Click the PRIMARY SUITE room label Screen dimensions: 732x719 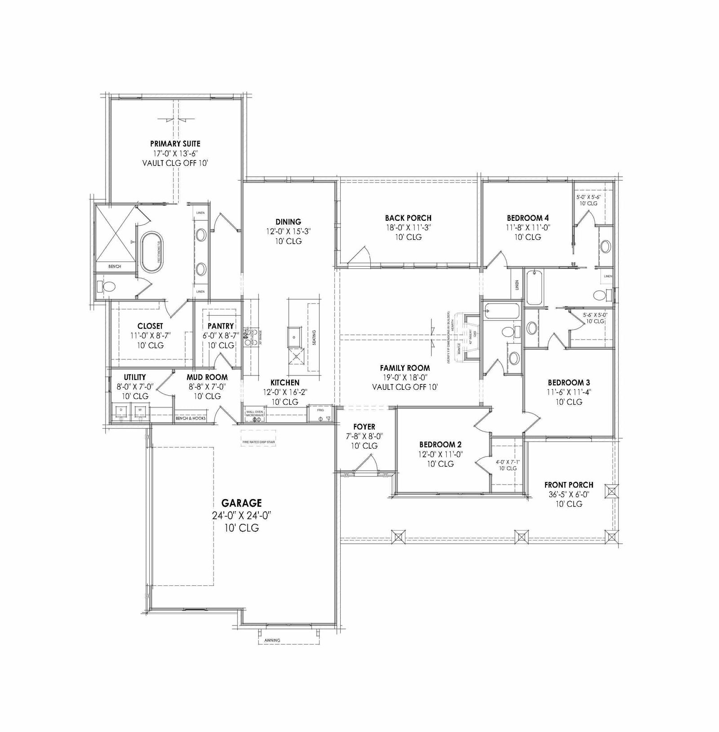[x=175, y=144]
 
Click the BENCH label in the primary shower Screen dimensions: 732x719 [x=115, y=266]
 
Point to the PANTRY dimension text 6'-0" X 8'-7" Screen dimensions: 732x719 [x=221, y=335]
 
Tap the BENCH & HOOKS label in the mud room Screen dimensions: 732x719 [x=191, y=418]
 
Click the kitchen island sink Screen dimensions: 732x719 [x=295, y=335]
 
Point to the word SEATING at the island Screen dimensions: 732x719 [x=314, y=338]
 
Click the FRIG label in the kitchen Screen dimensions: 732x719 [x=320, y=410]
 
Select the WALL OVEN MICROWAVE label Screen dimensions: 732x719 [x=254, y=413]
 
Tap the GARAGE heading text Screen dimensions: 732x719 [x=241, y=503]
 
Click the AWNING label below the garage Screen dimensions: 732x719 [x=272, y=640]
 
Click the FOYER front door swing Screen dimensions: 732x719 [x=366, y=463]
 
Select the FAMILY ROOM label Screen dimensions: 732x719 [x=404, y=368]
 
